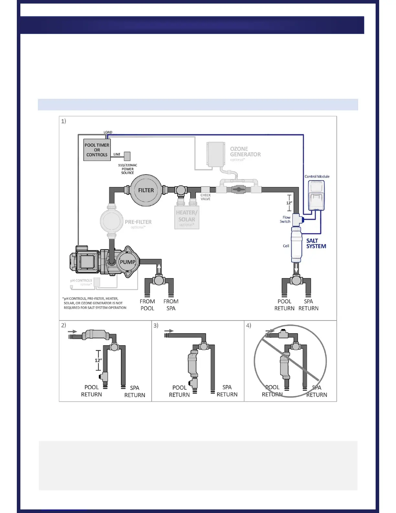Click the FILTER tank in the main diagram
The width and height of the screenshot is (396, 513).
click(x=146, y=190)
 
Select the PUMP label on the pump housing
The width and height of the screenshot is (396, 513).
click(x=127, y=262)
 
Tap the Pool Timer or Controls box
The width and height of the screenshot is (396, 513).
click(x=97, y=150)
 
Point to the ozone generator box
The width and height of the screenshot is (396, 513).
click(x=216, y=154)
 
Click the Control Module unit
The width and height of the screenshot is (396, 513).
click(x=316, y=195)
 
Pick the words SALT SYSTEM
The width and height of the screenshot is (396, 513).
click(x=316, y=244)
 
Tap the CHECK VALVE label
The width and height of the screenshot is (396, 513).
click(x=205, y=197)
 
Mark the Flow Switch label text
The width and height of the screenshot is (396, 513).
click(x=285, y=220)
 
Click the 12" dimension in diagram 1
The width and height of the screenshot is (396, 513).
click(x=289, y=203)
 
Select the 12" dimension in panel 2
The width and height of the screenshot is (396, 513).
click(x=98, y=360)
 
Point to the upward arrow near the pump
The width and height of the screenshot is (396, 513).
click(x=159, y=268)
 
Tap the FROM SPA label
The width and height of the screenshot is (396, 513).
click(x=171, y=305)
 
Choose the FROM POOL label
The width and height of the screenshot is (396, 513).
click(x=147, y=305)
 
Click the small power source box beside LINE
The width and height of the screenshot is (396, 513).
click(x=127, y=156)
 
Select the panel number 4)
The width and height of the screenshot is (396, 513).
click(x=248, y=325)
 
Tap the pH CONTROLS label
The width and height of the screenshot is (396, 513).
click(x=81, y=281)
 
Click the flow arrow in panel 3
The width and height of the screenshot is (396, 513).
click(x=169, y=331)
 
